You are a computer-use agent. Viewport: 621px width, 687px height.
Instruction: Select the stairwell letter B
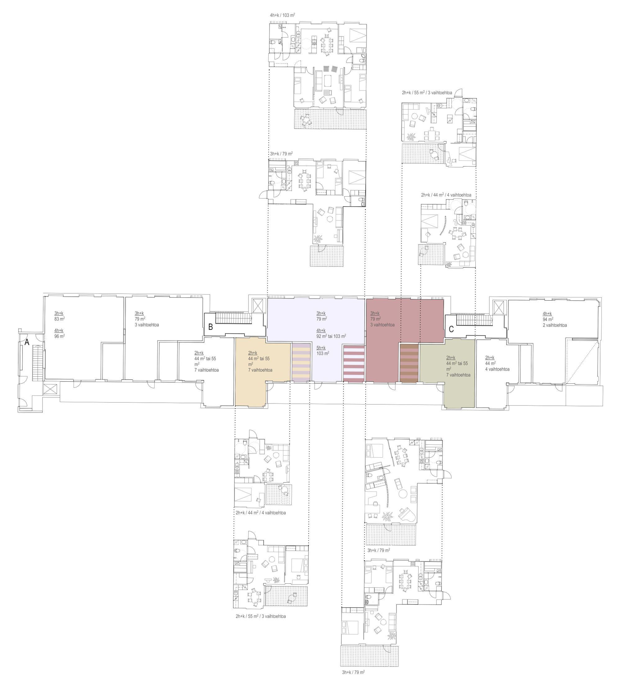pos(211,327)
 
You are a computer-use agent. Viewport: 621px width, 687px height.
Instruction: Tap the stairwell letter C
pos(451,329)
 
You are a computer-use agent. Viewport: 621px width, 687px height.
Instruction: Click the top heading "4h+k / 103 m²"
pos(282,15)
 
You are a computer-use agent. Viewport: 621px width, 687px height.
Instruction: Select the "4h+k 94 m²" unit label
pos(550,317)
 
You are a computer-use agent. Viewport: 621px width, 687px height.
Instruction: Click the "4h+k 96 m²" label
pos(59,333)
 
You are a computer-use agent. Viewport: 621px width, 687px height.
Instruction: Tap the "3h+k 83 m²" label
pos(59,316)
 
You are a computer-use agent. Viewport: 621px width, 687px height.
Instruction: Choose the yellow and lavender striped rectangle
pos(301,363)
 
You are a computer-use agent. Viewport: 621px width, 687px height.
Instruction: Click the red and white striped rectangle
pos(354,363)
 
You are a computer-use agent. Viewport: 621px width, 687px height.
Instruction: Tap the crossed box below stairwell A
pos(49,390)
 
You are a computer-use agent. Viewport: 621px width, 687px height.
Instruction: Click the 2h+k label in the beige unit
pos(252,353)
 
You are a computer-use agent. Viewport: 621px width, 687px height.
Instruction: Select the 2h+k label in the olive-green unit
pos(451,358)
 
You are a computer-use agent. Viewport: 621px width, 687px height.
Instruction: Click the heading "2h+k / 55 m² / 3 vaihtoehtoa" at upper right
pos(427,93)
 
